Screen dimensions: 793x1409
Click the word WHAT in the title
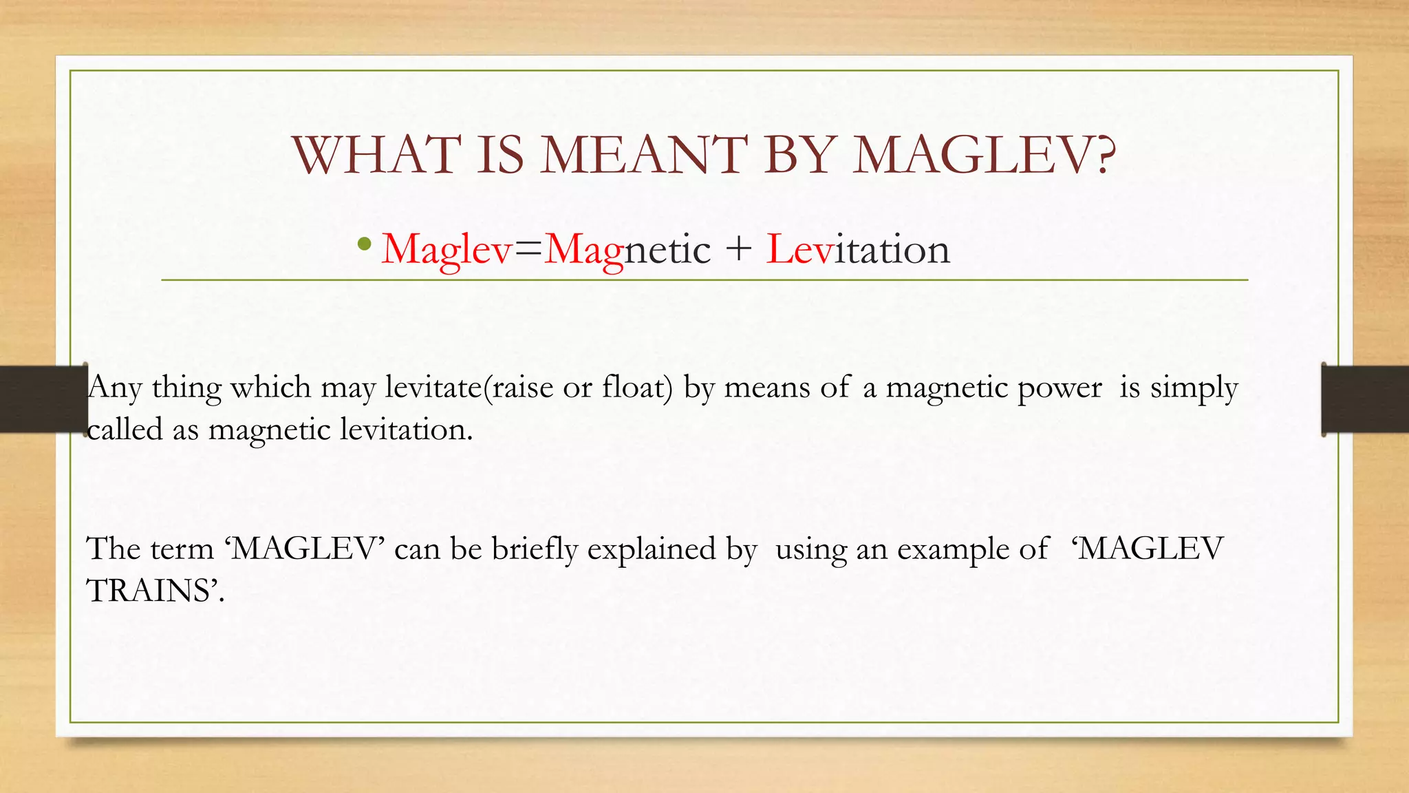[x=376, y=155]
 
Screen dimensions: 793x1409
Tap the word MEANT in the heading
[x=643, y=155]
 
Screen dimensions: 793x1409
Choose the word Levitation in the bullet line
[x=858, y=249]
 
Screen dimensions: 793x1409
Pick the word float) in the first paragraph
[x=637, y=388]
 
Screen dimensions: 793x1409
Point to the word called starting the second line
[x=125, y=430]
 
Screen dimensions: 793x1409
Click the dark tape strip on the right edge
[x=1365, y=399]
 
